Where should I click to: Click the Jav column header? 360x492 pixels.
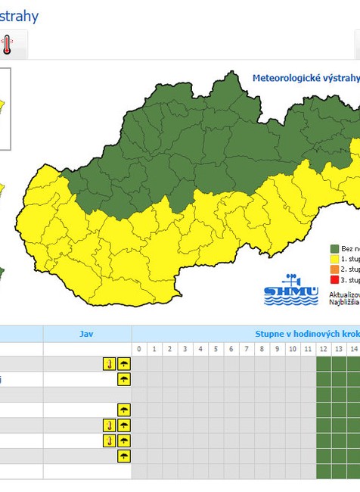point(87,333)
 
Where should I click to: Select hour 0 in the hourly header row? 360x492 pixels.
point(138,349)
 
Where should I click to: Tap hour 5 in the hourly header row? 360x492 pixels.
point(216,349)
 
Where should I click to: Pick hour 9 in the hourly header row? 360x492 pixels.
point(278,349)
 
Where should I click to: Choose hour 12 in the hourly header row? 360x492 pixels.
point(324,349)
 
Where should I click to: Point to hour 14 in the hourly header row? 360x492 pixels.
point(354,349)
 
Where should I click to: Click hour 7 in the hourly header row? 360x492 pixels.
point(247,349)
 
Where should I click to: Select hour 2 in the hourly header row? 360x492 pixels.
point(169,349)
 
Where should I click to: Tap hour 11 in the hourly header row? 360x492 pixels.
point(308,349)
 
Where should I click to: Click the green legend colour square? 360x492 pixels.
point(334,248)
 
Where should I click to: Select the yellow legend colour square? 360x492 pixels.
point(334,259)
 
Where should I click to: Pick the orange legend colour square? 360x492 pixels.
point(334,269)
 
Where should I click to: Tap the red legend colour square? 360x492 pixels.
point(334,279)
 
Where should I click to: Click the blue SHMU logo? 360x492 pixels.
point(281,290)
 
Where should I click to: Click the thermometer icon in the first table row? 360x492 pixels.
point(110,364)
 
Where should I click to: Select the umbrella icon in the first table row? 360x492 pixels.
point(123,364)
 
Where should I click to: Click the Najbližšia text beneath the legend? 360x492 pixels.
point(345,301)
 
